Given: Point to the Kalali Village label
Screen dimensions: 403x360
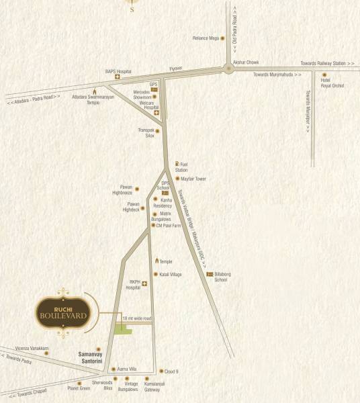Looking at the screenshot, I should click(171, 275).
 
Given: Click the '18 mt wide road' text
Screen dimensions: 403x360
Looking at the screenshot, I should click(137, 318).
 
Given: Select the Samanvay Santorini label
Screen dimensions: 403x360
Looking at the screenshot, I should click(86, 358).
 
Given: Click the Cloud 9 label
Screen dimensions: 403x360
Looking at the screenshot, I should click(173, 370).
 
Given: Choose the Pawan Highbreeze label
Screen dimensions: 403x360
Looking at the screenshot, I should click(123, 191).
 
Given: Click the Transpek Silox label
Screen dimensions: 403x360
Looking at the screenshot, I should click(146, 133).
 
